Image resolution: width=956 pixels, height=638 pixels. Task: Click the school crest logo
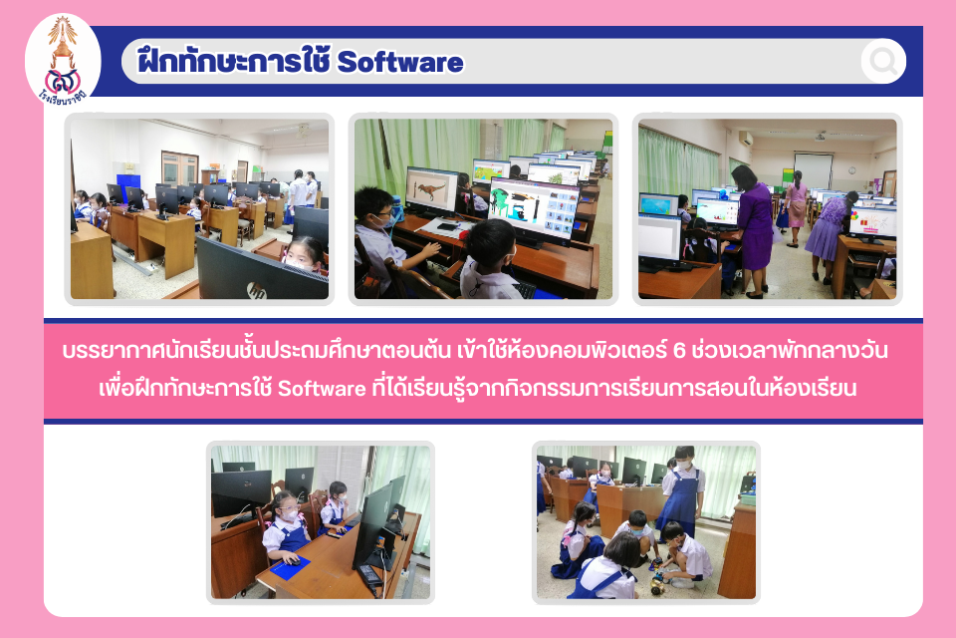[63, 61]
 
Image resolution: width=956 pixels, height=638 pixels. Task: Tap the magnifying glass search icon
[883, 61]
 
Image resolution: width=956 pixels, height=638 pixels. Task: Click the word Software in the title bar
[400, 62]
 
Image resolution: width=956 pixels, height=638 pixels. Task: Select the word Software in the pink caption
[322, 389]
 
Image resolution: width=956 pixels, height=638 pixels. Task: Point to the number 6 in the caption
[679, 351]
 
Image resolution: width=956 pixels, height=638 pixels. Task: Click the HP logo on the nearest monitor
[257, 291]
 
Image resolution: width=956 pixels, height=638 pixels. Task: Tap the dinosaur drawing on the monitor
[431, 190]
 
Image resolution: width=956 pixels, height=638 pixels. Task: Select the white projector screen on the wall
[813, 170]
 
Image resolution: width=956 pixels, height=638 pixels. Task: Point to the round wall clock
[851, 170]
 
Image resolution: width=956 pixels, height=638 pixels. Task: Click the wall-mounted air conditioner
[746, 139]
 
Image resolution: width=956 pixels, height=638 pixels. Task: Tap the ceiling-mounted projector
[822, 136]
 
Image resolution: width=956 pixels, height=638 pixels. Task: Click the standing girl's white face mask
[685, 464]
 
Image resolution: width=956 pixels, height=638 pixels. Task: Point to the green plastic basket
[748, 498]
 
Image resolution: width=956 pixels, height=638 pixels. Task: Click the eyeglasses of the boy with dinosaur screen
[381, 215]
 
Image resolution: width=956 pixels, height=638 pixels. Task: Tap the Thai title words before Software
[234, 61]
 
